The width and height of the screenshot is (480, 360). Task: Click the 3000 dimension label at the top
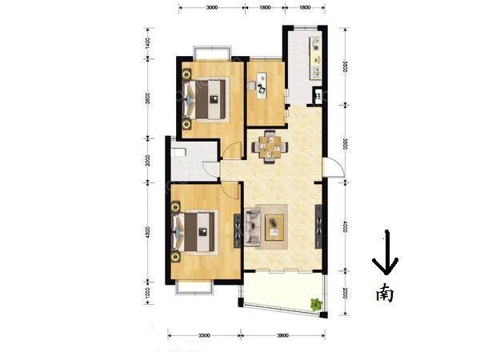(x=212, y=6)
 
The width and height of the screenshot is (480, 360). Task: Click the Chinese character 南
(x=385, y=293)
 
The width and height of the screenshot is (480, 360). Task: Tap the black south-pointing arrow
(x=385, y=254)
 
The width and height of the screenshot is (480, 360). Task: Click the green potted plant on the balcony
(x=315, y=304)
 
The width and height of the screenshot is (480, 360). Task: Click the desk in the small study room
(x=261, y=83)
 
